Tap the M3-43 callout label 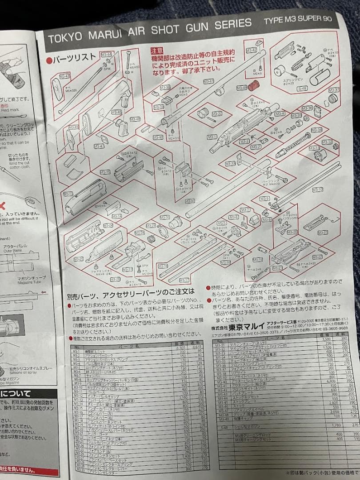click(65, 76)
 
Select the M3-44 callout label click(107, 54)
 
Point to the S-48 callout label click(302, 88)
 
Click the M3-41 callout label click(208, 81)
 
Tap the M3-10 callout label click(317, 190)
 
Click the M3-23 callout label click(323, 232)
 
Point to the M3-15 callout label click(105, 172)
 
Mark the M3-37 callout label click(334, 90)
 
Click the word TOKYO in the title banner click(64, 37)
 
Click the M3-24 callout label click(107, 226)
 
